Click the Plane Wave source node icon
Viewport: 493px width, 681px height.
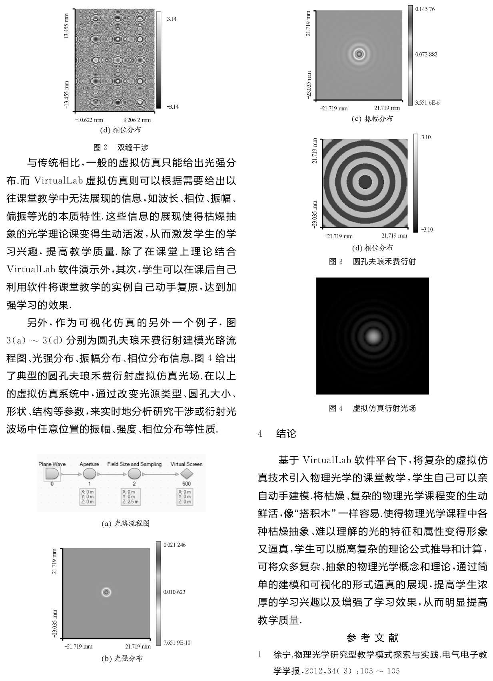52,474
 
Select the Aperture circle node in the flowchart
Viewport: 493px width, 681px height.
89,474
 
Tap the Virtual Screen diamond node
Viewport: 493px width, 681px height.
186,474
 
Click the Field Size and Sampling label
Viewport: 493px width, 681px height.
134,464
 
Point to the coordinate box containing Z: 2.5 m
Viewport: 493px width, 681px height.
131,497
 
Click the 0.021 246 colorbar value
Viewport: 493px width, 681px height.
174,545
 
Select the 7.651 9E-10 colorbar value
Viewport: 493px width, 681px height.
176,643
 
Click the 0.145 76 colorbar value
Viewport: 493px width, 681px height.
425,9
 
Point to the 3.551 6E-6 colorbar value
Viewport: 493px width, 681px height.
427,103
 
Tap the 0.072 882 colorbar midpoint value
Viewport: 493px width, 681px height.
426,54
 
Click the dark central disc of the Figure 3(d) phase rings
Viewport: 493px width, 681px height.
365,182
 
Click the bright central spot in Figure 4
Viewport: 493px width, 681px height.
373,336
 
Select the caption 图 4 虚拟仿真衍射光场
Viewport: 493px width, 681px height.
372,408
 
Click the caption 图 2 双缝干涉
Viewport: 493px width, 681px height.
121,148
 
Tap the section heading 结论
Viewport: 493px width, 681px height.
286,433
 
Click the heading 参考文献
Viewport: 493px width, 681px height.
372,638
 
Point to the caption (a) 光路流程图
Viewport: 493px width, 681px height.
126,523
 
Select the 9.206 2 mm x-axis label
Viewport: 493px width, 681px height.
137,120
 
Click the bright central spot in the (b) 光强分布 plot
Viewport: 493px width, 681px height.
106,592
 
